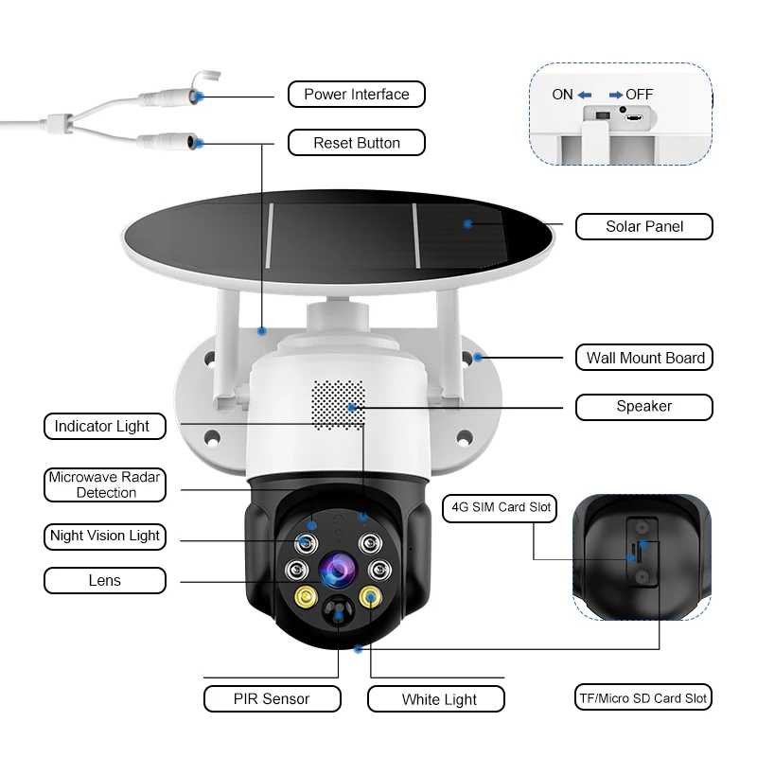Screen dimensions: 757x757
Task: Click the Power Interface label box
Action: [357, 95]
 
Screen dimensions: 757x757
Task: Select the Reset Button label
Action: [357, 143]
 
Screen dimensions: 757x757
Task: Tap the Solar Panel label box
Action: [644, 226]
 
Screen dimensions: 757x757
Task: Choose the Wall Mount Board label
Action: [644, 358]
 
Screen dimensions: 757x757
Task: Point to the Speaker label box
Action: [644, 407]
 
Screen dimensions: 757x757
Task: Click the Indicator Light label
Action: [102, 427]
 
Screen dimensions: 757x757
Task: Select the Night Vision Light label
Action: [105, 536]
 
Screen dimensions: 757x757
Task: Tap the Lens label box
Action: [105, 580]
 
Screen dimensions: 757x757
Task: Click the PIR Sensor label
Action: [273, 699]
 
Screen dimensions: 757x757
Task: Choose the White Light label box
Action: [436, 699]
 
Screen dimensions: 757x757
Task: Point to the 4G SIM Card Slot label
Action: [501, 507]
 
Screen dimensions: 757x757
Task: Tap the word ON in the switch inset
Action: [562, 95]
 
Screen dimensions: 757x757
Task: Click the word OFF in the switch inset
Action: [639, 95]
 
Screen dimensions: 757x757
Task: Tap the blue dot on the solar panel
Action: [467, 223]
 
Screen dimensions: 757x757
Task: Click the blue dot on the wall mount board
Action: [479, 357]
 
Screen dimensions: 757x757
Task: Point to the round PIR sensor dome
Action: [337, 613]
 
